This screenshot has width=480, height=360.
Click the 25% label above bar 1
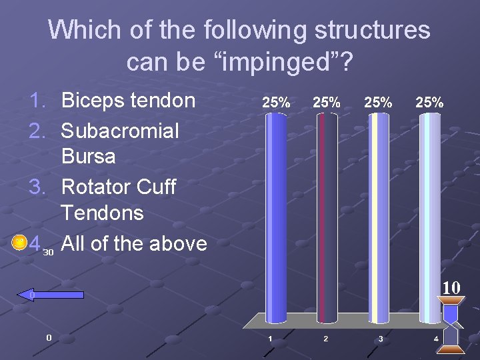pos(275,103)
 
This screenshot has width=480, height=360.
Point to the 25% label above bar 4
pos(429,103)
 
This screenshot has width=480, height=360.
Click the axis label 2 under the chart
pos(325,339)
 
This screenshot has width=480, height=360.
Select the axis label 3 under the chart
pos(380,339)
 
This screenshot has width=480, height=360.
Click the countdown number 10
pos(451,288)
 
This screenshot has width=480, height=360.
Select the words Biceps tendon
pos(128,101)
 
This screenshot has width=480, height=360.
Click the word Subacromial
pos(120,131)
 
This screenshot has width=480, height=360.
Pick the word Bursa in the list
pos(88,157)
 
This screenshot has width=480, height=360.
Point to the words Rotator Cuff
pos(118,187)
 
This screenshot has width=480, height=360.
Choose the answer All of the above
pos(133,243)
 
